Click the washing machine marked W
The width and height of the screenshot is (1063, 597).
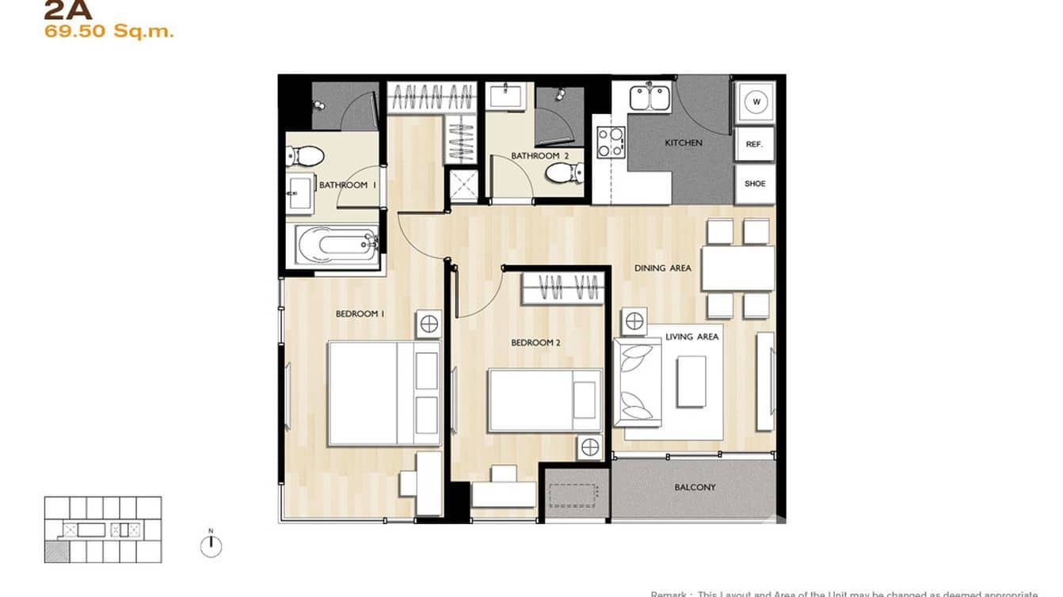tap(756, 101)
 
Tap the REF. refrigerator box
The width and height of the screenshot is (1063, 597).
tap(754, 145)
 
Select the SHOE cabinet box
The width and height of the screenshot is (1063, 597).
tap(755, 184)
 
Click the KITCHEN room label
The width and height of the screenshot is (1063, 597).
tap(683, 143)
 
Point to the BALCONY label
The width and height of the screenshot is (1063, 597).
tap(695, 488)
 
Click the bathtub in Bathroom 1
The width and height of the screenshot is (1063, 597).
tap(337, 245)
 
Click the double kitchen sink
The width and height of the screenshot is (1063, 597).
tap(650, 98)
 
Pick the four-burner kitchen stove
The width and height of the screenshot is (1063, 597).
tap(611, 142)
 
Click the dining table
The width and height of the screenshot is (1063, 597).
tap(737, 268)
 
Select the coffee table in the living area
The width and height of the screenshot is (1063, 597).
tap(691, 382)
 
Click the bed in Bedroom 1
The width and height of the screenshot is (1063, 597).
tap(384, 394)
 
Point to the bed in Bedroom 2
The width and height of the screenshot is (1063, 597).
tap(545, 400)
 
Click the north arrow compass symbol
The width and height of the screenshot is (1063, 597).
tap(211, 546)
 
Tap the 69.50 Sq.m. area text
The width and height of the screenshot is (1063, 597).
tap(109, 32)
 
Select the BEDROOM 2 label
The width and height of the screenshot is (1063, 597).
tap(535, 343)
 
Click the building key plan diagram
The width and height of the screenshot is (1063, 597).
tap(102, 530)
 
